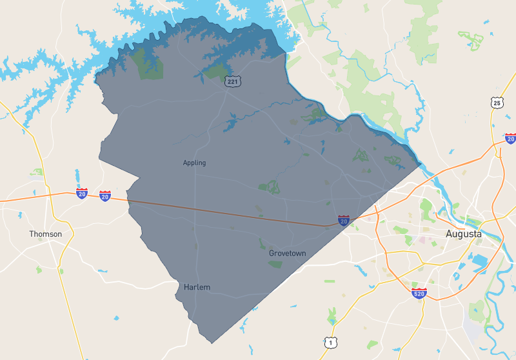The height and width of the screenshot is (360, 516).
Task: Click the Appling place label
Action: click(x=194, y=163)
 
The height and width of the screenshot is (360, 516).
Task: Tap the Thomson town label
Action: click(x=46, y=234)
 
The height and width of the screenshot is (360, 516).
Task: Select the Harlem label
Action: click(x=197, y=286)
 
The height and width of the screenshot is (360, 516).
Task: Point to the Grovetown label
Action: click(x=287, y=254)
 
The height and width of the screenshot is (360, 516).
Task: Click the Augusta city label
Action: click(x=463, y=234)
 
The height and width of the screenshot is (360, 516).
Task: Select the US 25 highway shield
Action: click(x=495, y=103)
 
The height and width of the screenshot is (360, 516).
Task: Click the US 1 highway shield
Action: click(x=330, y=342)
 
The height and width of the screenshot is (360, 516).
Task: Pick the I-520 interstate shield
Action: click(x=419, y=294)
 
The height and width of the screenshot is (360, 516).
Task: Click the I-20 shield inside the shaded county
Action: click(x=344, y=221)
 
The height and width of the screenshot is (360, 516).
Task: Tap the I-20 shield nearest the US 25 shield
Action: click(x=510, y=138)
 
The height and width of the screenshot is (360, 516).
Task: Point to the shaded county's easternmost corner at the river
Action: click(x=421, y=163)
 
